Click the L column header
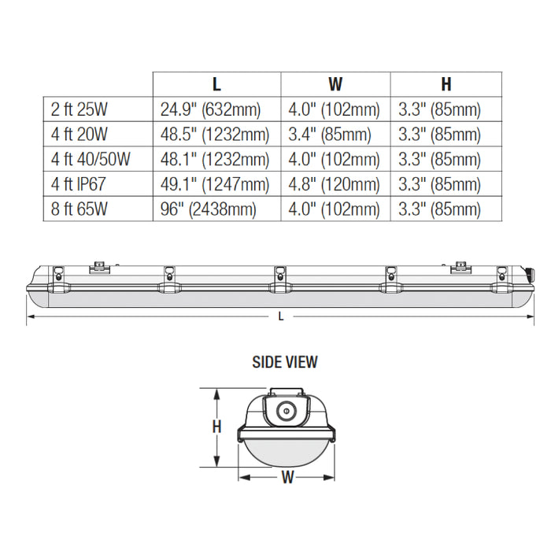216,84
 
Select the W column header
335,84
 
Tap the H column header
446,84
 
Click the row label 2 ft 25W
80,109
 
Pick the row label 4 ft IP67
82,184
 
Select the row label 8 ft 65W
80,209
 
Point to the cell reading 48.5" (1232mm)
214,135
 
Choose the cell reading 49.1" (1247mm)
214,184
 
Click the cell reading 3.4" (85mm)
331,135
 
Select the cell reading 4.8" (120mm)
335,184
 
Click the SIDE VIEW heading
285,362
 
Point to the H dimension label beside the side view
216,427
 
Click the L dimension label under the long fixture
281,316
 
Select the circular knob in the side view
287,409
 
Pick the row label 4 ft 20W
80,135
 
